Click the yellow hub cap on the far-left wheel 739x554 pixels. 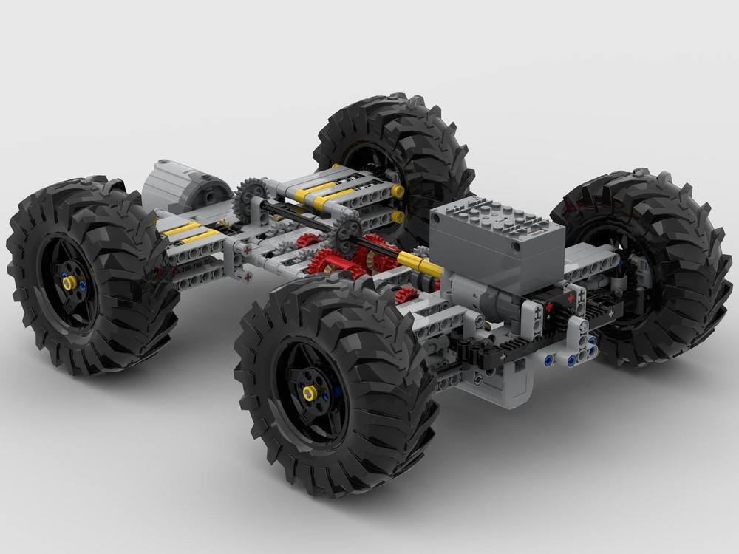click(x=69, y=282)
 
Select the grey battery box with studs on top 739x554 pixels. click(x=497, y=236)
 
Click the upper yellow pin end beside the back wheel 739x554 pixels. click(x=398, y=192)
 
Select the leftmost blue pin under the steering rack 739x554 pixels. click(x=548, y=360)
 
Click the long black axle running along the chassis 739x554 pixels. click(x=310, y=222)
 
